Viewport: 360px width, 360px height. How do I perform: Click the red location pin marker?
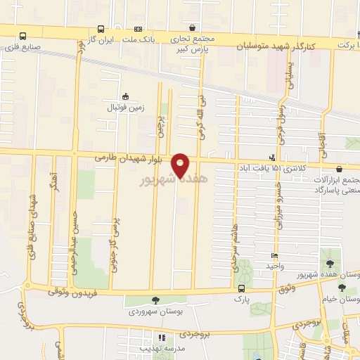(181, 165)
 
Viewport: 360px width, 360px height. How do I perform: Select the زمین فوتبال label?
(124, 108)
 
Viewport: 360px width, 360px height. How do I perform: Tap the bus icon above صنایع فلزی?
(22, 36)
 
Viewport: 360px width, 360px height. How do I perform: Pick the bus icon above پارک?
(241, 288)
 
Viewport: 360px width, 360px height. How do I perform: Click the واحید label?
(274, 266)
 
